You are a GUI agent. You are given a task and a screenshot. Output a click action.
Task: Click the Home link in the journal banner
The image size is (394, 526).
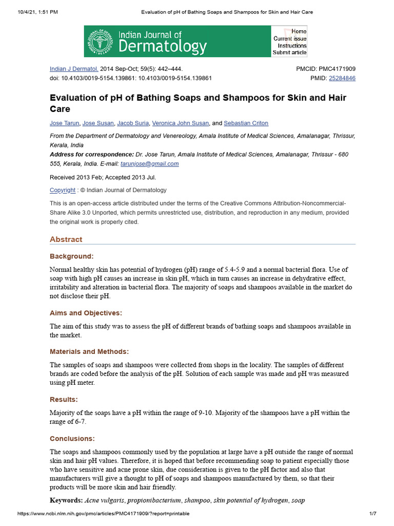299,31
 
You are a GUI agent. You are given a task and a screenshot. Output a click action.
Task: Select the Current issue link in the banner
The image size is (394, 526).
290,39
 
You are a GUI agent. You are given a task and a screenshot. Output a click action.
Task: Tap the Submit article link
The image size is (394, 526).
289,52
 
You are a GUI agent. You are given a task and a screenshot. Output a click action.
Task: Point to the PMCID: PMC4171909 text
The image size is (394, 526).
326,69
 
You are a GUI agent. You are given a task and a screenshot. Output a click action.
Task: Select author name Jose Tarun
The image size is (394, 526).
64,123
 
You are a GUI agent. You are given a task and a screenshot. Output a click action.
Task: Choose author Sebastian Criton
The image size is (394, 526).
246,123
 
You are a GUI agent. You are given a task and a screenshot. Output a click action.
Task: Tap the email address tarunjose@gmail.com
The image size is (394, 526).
149,164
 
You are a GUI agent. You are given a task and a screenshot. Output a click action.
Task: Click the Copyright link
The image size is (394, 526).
62,190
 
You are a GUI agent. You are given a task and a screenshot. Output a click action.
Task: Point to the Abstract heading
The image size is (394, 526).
66,239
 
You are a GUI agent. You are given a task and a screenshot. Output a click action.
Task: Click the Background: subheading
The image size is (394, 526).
71,256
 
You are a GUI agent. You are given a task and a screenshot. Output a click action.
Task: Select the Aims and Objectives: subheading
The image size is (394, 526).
86,313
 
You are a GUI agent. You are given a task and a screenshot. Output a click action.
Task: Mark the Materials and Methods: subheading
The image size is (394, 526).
89,352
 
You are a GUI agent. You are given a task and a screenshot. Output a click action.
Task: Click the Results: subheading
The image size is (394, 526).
64,399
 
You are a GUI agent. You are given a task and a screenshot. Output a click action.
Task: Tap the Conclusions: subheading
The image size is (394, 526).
72,439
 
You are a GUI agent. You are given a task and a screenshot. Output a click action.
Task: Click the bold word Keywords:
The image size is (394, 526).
66,500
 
